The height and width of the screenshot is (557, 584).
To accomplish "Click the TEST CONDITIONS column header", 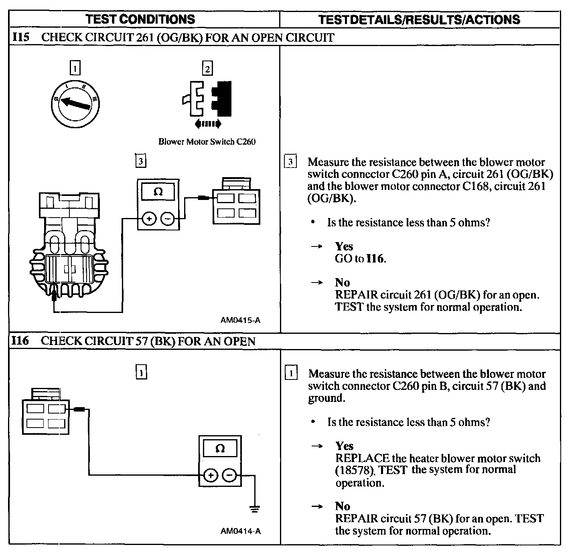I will click(140, 19).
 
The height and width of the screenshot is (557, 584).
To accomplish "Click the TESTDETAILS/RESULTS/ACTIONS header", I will click(419, 20).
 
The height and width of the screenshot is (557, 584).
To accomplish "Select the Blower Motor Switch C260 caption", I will click(207, 141).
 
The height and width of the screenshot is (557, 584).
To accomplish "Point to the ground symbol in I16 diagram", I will click(254, 509).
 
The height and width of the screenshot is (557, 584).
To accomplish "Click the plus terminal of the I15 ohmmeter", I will click(149, 219).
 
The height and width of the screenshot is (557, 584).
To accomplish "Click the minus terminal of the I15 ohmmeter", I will click(168, 219).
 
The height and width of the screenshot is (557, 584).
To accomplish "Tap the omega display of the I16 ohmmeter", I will click(220, 448).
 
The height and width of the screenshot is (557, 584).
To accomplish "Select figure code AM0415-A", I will click(240, 320).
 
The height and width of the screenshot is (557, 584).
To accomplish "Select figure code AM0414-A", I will click(240, 531).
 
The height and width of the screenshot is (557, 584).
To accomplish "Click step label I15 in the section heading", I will click(21, 37).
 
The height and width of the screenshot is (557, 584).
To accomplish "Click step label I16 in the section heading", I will click(20, 341).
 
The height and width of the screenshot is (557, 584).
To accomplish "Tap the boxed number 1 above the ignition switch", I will click(75, 68).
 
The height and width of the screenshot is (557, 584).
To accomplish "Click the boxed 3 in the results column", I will click(290, 162).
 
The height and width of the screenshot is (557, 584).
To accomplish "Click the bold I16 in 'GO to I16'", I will click(375, 259).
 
